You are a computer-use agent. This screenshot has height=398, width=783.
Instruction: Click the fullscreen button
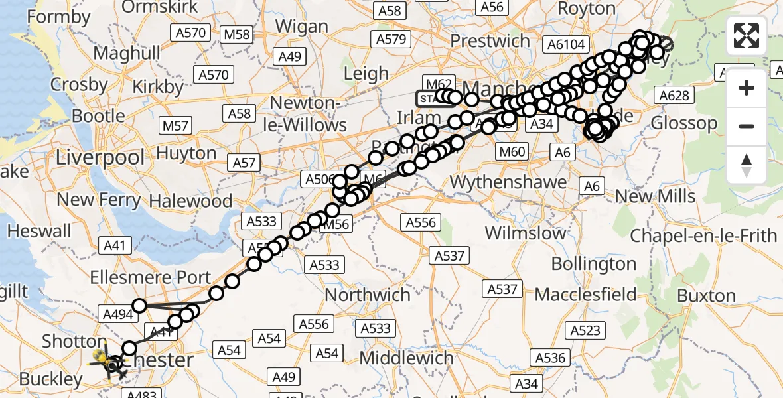747,36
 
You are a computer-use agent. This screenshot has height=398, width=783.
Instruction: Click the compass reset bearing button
747,165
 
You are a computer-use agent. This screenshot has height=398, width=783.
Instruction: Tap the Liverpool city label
100,157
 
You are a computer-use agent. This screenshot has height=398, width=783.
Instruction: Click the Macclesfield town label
586,294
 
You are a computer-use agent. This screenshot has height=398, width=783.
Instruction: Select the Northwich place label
368,295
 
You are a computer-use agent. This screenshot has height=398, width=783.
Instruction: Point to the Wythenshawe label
508,181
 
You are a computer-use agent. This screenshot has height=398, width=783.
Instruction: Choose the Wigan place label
301,27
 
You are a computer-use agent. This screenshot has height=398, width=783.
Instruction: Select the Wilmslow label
526,233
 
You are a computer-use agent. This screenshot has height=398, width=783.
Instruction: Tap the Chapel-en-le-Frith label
703,235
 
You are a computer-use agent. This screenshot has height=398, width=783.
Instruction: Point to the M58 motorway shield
237,34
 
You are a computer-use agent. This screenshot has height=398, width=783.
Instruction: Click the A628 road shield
675,96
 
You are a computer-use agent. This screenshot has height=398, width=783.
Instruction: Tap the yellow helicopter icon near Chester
102,359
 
